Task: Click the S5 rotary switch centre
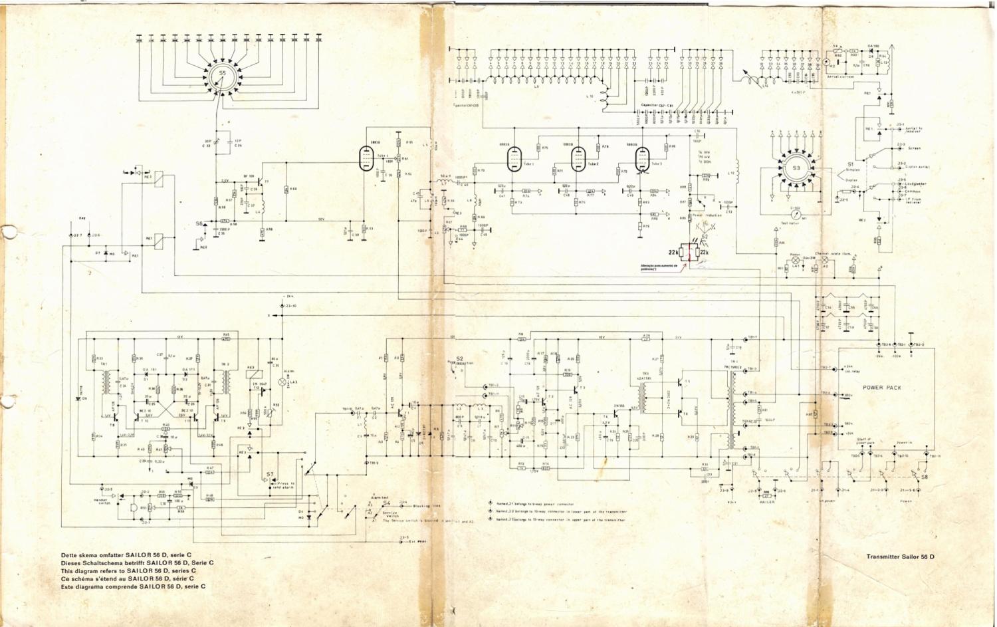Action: pos(223,78)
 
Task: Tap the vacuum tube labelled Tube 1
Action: pos(512,159)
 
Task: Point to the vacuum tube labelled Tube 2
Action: pos(578,159)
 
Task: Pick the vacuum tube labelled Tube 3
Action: pos(641,159)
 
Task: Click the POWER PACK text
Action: pos(882,387)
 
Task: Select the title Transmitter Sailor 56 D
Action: pos(900,556)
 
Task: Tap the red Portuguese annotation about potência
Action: pos(658,268)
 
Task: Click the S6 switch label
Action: pos(199,224)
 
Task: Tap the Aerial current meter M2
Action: pos(826,63)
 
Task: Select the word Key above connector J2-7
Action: pos(82,218)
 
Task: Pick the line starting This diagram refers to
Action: pos(128,570)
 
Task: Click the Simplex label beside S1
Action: pos(853,170)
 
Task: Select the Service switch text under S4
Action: pos(390,515)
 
